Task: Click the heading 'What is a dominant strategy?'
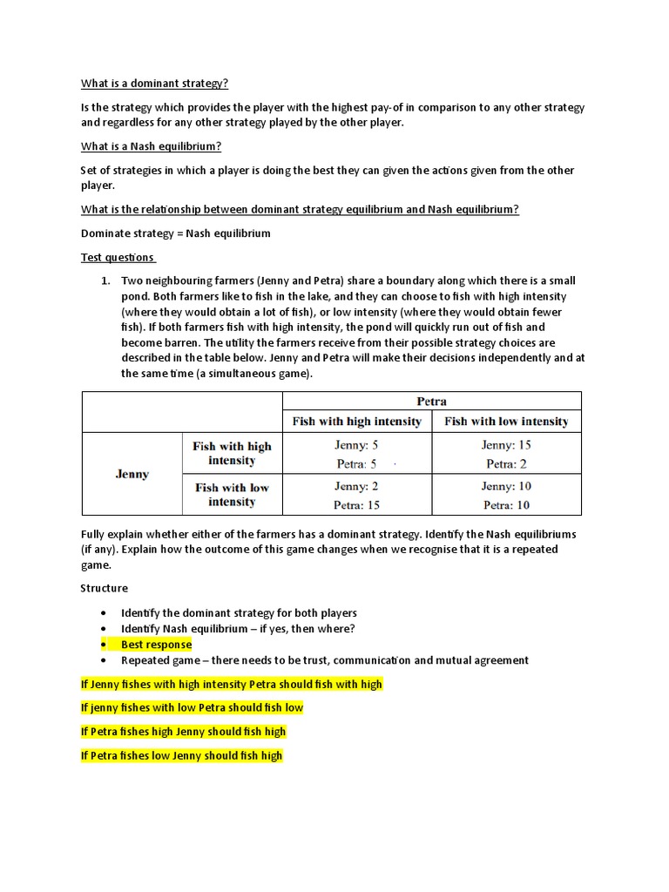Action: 155,84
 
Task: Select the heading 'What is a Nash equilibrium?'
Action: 151,146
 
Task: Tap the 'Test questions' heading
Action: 118,257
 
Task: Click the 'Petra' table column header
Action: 432,402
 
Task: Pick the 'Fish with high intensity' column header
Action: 356,422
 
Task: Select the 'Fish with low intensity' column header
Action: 506,422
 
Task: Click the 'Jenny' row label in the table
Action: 132,474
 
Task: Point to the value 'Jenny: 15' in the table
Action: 506,445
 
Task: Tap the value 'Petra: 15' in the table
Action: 357,505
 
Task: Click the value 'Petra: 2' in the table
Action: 506,464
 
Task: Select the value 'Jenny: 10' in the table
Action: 506,486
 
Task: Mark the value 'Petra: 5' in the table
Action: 355,464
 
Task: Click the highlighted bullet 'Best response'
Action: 156,645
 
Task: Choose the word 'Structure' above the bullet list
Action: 105,588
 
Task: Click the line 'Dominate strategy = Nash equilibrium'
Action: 176,233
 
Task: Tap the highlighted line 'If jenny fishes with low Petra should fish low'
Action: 192,707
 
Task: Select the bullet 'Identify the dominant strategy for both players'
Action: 239,613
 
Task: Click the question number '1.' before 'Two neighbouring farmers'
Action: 105,280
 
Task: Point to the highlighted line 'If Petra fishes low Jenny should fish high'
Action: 181,755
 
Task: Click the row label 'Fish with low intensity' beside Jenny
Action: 232,495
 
